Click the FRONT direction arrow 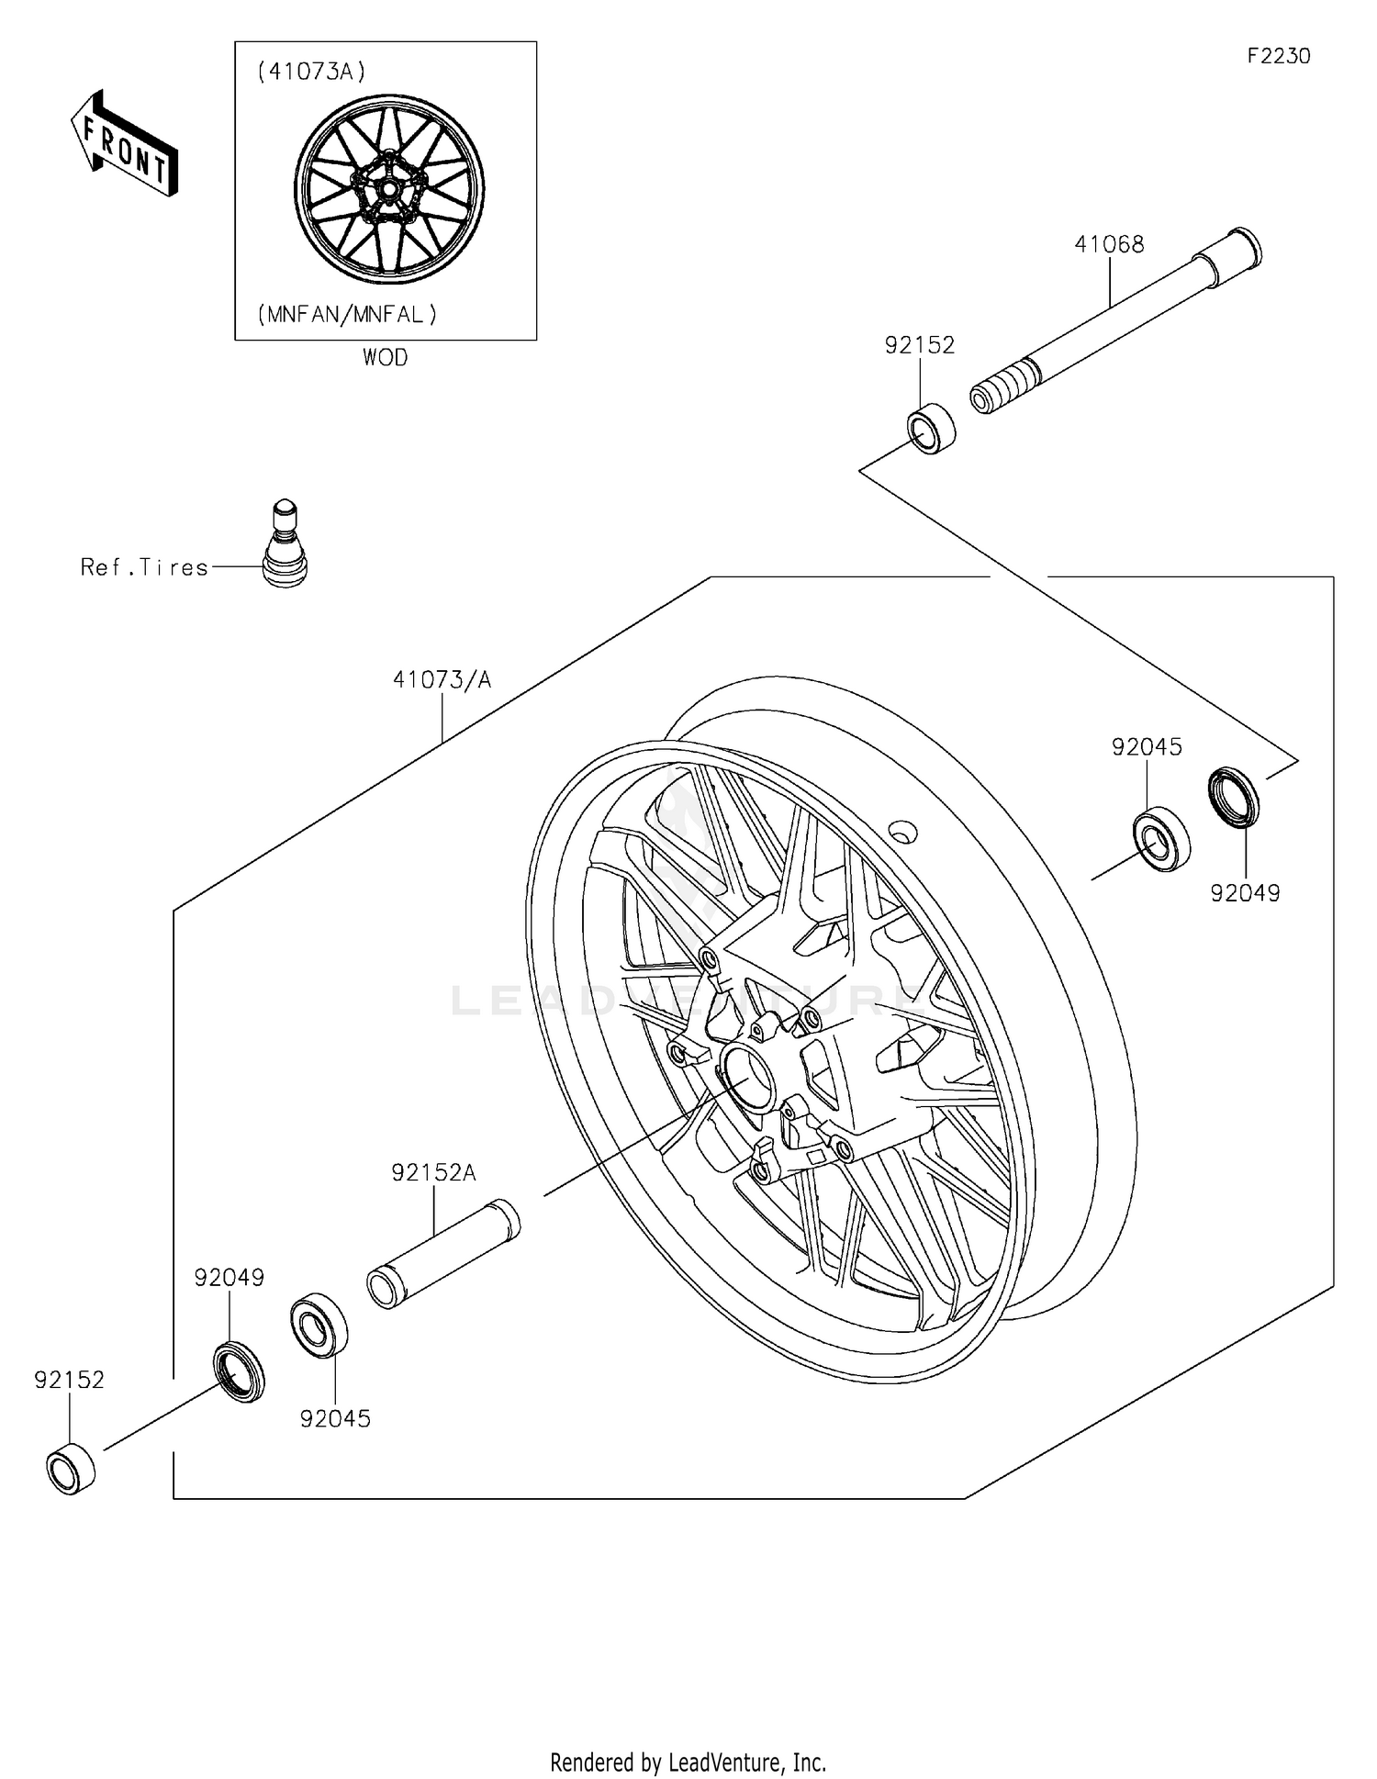pyautogui.click(x=124, y=144)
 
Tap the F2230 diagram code pyautogui.click(x=1278, y=56)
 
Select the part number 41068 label pyautogui.click(x=1109, y=244)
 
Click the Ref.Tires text pyautogui.click(x=144, y=567)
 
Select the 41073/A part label pyautogui.click(x=442, y=679)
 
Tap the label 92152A pyautogui.click(x=434, y=1172)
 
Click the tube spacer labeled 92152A pyautogui.click(x=443, y=1254)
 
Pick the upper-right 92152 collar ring pyautogui.click(x=931, y=428)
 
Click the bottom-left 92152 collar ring pyautogui.click(x=71, y=1469)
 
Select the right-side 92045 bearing pyautogui.click(x=1161, y=838)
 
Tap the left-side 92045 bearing pyautogui.click(x=319, y=1324)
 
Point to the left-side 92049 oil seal pyautogui.click(x=240, y=1371)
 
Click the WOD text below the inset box pyautogui.click(x=385, y=358)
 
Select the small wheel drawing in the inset pyautogui.click(x=388, y=188)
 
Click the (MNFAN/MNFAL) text pyautogui.click(x=347, y=315)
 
